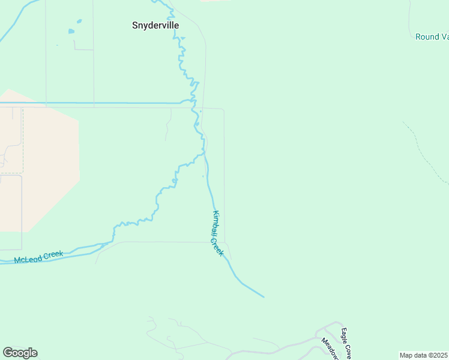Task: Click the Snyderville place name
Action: click(155, 26)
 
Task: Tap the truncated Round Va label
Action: click(432, 37)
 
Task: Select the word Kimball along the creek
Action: click(216, 223)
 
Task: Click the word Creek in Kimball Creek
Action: click(217, 247)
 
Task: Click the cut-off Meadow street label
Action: click(330, 348)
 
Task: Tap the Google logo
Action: click(20, 353)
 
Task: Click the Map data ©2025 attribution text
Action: click(423, 355)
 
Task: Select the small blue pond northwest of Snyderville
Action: click(72, 31)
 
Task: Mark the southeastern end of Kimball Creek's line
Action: click(262, 296)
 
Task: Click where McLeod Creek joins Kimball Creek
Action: click(204, 154)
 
